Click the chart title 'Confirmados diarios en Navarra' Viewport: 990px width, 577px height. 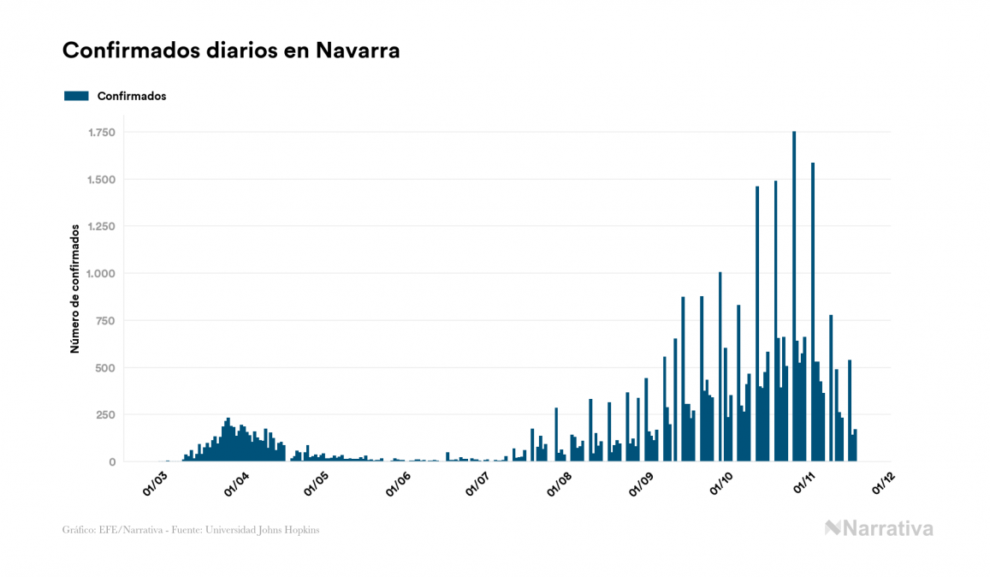point(231,51)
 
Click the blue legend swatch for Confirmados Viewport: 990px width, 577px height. point(76,96)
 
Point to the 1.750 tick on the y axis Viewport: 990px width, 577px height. point(101,133)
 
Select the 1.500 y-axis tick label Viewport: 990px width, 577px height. point(101,180)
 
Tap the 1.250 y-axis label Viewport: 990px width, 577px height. point(101,227)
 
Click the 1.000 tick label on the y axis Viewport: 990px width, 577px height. point(101,274)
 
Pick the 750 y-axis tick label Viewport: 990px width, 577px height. point(105,321)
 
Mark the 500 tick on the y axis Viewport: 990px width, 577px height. point(105,368)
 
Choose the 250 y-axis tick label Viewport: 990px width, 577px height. point(105,415)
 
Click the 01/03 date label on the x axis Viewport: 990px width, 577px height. point(155,483)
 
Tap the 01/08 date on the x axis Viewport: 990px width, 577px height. point(560,483)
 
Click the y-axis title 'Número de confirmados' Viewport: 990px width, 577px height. point(75,288)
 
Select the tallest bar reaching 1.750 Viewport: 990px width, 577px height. point(794,296)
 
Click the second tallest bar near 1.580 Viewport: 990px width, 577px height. point(813,312)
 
